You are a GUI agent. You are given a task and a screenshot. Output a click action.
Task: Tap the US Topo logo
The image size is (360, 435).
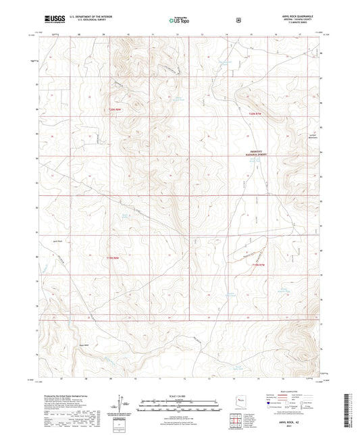(x=179, y=20)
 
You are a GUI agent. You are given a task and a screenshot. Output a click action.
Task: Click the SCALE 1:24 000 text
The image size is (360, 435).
(x=179, y=394)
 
